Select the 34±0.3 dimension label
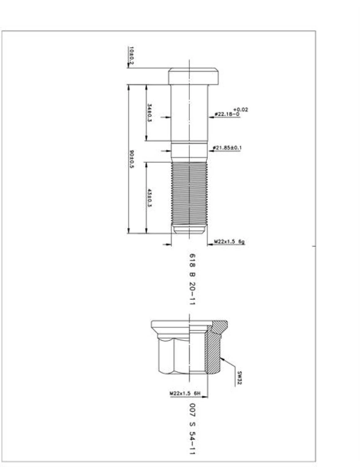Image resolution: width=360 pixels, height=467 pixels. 149,113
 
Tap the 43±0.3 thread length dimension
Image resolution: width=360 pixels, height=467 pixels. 149,197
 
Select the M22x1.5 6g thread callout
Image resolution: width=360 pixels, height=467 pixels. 229,242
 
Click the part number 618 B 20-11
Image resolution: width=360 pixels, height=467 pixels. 193,279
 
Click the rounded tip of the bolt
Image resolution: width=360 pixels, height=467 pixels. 190,230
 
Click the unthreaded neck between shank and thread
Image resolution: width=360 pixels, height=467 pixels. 190,152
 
